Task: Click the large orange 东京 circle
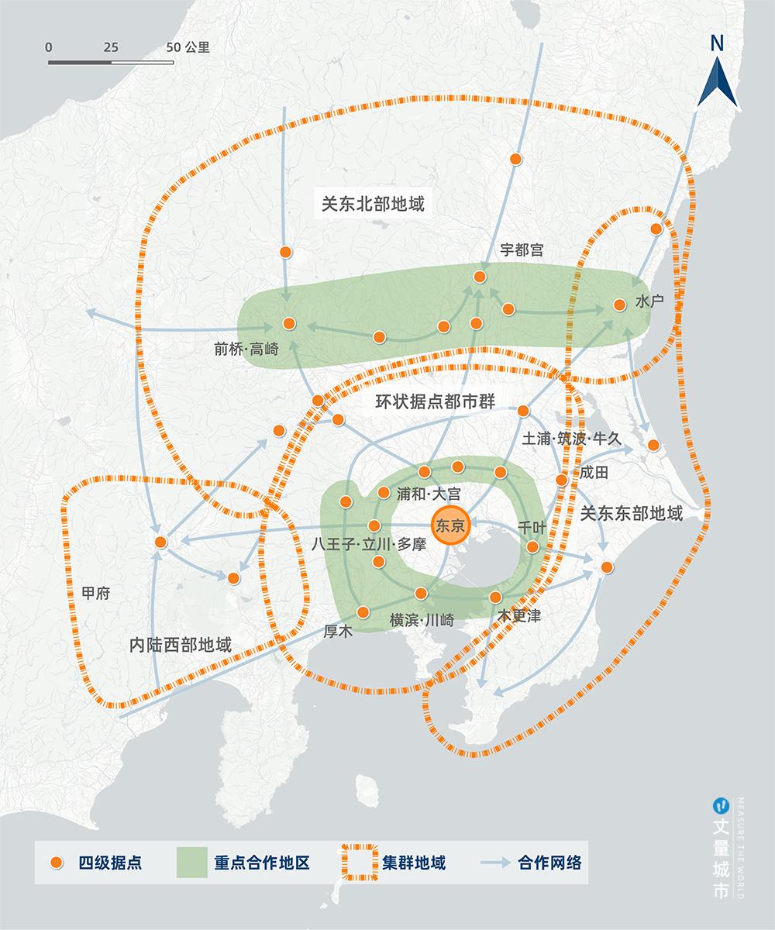click(450, 525)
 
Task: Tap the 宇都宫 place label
click(522, 250)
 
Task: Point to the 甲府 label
click(95, 593)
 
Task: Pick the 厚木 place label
click(337, 632)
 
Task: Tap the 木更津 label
click(519, 617)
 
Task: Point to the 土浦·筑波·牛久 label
click(572, 439)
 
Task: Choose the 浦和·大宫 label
click(428, 493)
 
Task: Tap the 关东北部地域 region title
click(374, 204)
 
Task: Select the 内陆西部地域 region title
click(181, 645)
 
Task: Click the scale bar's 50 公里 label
click(188, 46)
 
